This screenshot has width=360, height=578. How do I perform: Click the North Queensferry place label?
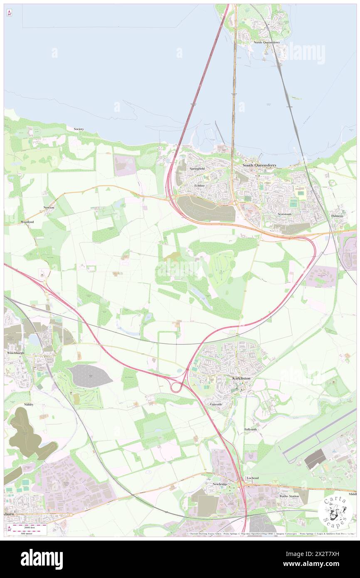pos(266,42)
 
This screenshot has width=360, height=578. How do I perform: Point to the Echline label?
pos(200,185)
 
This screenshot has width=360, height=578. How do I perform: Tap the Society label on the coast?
pos(79,129)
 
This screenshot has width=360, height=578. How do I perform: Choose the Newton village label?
pos(49,207)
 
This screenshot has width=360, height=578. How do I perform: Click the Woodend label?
pos(27,222)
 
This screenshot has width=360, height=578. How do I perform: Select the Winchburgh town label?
pos(16,353)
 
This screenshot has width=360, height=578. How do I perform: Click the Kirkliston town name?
pos(241,378)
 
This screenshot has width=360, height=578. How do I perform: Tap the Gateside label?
pos(216,404)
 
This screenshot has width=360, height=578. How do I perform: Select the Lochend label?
pos(252,478)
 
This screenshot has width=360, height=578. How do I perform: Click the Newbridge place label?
pos(220,484)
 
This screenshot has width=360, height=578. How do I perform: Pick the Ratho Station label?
pos(289,496)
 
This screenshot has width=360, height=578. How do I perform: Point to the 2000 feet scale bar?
pos(29,527)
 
